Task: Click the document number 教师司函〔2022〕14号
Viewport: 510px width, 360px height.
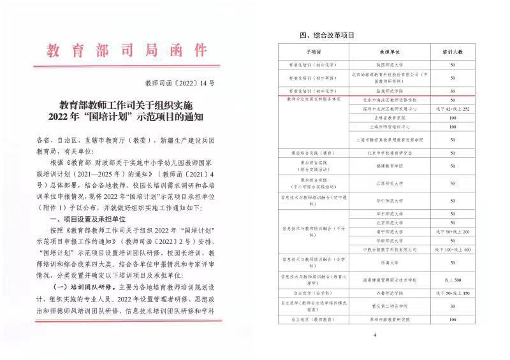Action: click(x=180, y=83)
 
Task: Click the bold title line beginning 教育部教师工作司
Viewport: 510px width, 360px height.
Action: click(x=130, y=104)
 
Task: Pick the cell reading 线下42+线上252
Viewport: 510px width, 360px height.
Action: click(x=453, y=109)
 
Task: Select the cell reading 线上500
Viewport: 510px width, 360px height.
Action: click(x=453, y=279)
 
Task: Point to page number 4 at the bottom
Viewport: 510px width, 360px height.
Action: click(x=375, y=335)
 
